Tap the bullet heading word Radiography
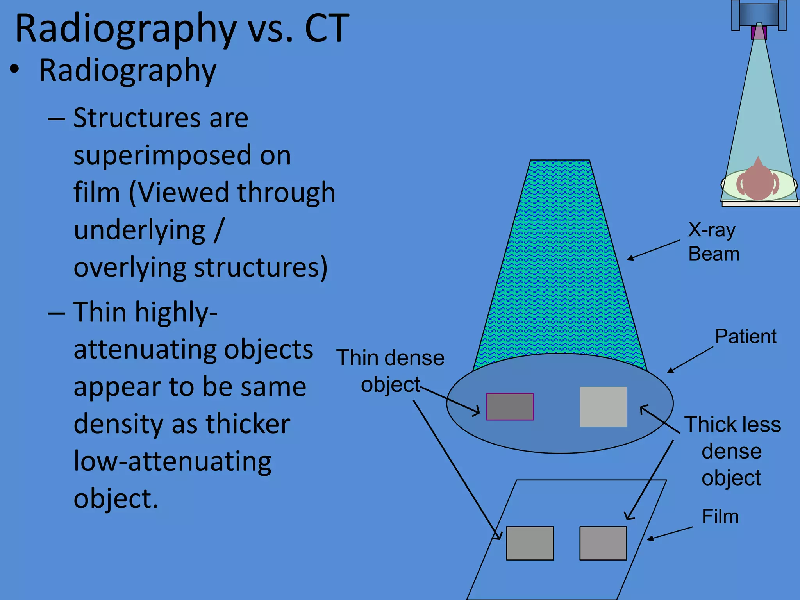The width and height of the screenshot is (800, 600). [127, 70]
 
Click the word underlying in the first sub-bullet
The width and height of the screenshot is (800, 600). [139, 230]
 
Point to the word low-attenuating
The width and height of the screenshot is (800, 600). [172, 461]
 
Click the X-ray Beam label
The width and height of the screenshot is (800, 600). [713, 241]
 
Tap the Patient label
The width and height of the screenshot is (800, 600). [745, 336]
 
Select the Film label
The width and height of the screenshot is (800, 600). [720, 516]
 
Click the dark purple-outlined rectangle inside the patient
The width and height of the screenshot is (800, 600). [510, 407]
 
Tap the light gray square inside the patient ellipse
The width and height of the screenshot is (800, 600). [603, 407]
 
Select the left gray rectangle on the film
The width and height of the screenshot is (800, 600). [530, 543]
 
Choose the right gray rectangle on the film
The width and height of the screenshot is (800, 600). [603, 543]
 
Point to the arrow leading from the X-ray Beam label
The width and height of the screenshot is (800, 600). [653, 250]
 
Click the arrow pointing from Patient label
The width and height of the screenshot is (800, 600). [690, 360]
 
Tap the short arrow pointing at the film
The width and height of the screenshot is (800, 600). [670, 533]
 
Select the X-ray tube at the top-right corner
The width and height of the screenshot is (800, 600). [759, 16]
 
